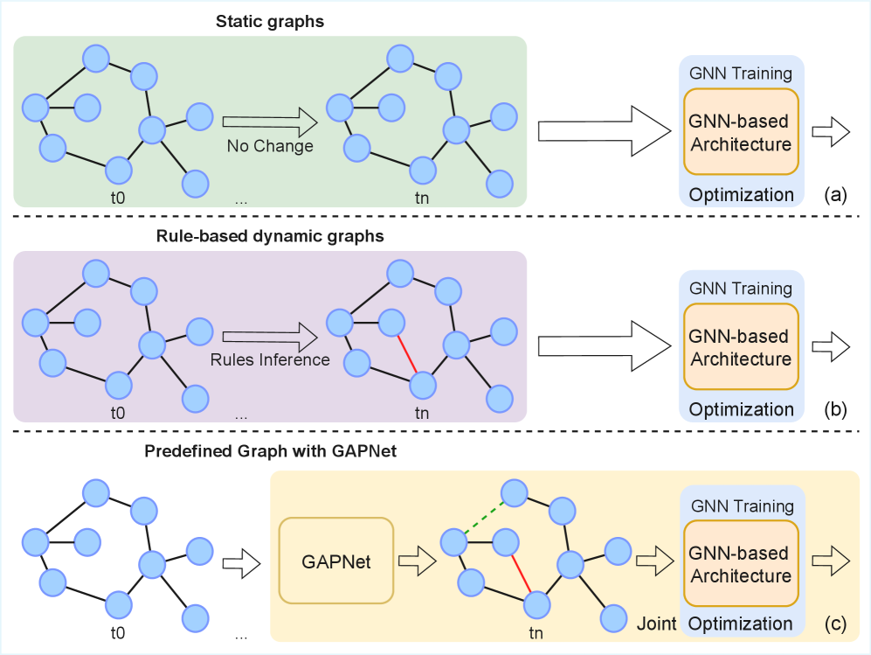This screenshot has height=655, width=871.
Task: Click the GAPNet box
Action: (x=336, y=561)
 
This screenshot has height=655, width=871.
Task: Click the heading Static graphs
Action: (x=270, y=21)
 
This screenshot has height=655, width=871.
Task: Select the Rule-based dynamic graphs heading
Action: (x=270, y=236)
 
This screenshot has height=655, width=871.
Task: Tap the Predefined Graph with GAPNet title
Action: (x=270, y=453)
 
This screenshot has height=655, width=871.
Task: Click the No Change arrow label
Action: (x=269, y=145)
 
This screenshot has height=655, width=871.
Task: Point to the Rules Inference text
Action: (x=269, y=359)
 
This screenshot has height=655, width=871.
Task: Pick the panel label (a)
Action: (x=835, y=194)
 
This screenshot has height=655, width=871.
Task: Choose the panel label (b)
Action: (x=835, y=408)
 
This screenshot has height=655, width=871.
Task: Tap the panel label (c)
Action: (x=835, y=624)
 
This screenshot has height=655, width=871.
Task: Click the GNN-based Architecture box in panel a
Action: (x=741, y=132)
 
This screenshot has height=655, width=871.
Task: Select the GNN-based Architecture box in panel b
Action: (x=741, y=347)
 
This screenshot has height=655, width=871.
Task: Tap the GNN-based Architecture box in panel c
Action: (x=741, y=564)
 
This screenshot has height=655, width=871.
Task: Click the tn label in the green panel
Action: (x=421, y=198)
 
